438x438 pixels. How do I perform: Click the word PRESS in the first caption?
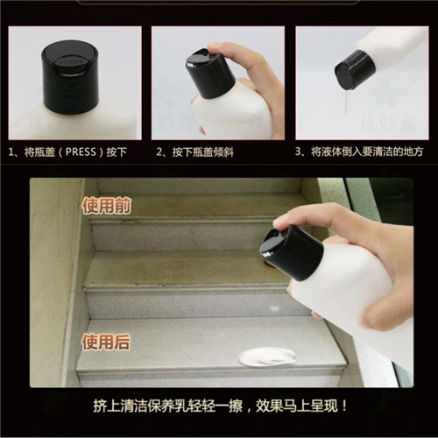click(x=81, y=152)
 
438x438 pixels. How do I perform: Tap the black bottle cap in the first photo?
click(x=71, y=77)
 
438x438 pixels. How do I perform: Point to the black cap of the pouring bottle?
click(x=354, y=69)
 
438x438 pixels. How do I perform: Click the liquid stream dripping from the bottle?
click(x=346, y=102)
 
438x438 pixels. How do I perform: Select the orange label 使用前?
click(x=106, y=206)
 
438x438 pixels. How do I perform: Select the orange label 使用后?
click(x=106, y=342)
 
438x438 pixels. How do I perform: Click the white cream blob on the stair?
click(x=266, y=357)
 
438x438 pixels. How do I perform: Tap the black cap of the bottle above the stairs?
click(x=292, y=253)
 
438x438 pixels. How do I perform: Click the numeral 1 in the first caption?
click(x=11, y=152)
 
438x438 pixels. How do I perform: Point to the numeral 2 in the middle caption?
click(x=159, y=152)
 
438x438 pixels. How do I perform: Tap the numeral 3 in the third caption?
click(x=298, y=152)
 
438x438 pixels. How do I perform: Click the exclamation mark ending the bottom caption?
click(x=345, y=406)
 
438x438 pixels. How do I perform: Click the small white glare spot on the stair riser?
click(x=274, y=307)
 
